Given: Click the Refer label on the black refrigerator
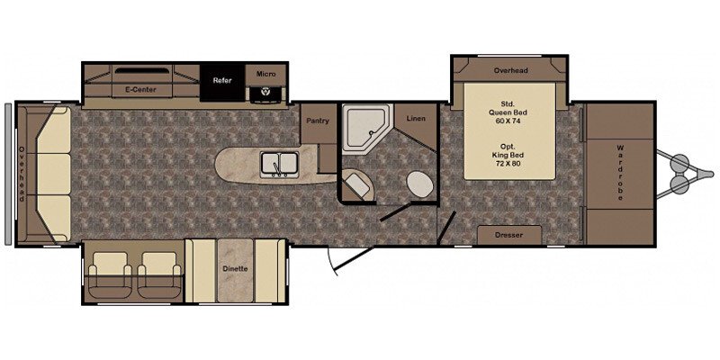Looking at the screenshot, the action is (x=222, y=80).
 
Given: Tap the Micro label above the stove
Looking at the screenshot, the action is (x=265, y=74).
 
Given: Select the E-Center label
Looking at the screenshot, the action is (x=141, y=89).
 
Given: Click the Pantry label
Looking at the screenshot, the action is (x=319, y=121).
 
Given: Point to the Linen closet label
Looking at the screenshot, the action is (x=416, y=119).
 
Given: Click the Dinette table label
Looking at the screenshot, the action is (x=236, y=268).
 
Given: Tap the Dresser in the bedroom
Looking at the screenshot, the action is (x=509, y=235).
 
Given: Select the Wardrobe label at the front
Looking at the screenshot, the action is (x=620, y=173).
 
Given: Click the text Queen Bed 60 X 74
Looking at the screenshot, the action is (x=508, y=116).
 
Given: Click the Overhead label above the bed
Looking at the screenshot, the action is (x=510, y=71).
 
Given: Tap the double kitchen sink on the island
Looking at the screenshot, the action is (x=279, y=165).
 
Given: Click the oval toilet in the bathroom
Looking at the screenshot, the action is (x=419, y=184).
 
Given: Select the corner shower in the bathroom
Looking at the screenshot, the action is (x=368, y=127).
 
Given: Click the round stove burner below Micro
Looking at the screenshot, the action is (x=265, y=92).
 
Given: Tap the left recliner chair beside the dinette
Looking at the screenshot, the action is (x=110, y=274).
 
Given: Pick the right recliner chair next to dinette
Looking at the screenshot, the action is (x=159, y=274).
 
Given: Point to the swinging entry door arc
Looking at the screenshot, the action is (x=332, y=262).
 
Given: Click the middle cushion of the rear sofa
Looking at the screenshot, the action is (x=54, y=174).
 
